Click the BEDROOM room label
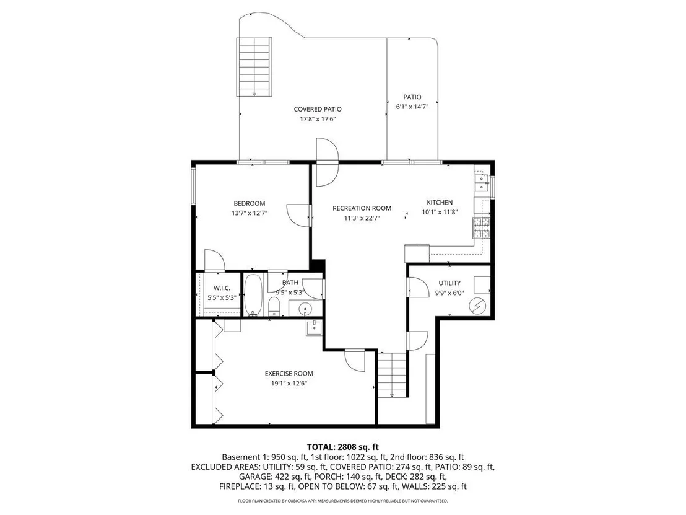coord(250,203)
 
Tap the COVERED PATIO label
coord(318,109)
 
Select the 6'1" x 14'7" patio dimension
coord(412,107)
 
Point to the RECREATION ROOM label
coord(362,208)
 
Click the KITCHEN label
coord(440,202)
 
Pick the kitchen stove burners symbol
coord(481,227)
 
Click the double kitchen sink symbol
coord(482,183)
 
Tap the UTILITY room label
coord(449,283)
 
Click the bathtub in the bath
coord(253,295)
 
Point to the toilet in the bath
coord(274,306)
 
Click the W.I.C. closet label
coord(222,288)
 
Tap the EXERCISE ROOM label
coord(289,374)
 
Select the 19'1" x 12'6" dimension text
coord(289,384)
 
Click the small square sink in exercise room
coord(314,328)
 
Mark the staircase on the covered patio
coord(254,66)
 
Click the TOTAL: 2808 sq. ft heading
coord(342,447)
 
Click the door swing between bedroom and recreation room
coord(299,215)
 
